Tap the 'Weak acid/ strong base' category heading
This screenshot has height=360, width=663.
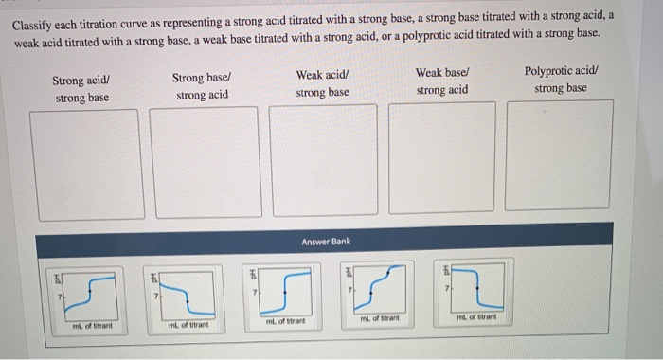(x=322, y=82)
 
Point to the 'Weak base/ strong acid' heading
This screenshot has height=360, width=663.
(x=441, y=81)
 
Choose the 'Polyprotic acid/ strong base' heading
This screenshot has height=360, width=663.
(x=560, y=80)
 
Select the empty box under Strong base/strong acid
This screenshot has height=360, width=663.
(x=203, y=159)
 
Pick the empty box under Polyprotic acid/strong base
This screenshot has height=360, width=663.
(x=557, y=153)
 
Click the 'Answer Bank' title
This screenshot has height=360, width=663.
(x=326, y=242)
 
